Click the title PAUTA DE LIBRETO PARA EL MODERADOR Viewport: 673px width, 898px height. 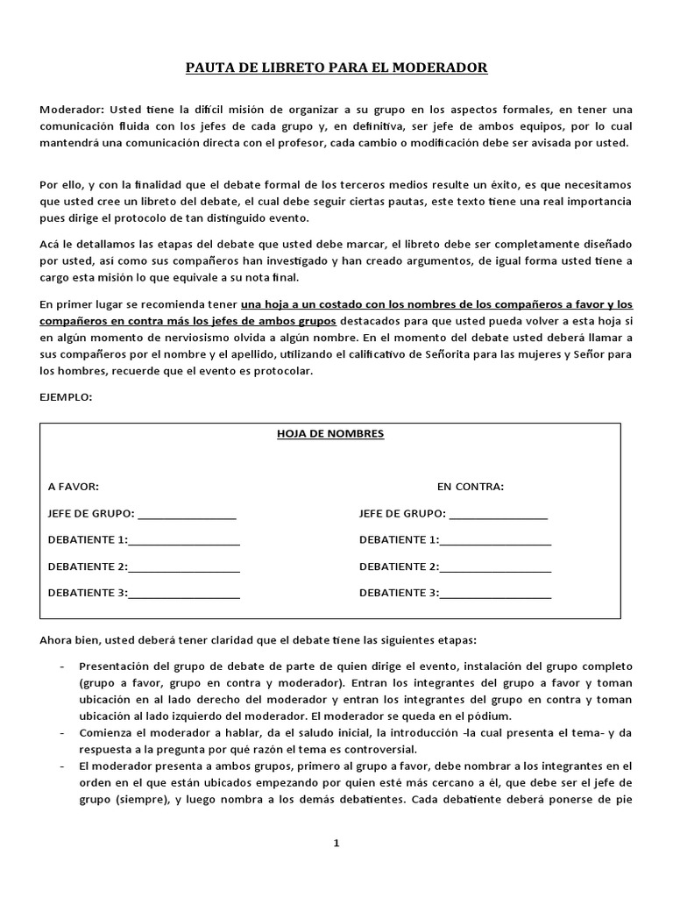(x=336, y=68)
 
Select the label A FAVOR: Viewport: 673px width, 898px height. (x=74, y=487)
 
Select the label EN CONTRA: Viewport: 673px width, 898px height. (x=471, y=487)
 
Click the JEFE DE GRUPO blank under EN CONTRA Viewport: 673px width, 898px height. (x=498, y=514)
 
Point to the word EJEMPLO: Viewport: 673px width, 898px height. (x=66, y=397)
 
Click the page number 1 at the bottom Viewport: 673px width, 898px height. (x=336, y=844)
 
